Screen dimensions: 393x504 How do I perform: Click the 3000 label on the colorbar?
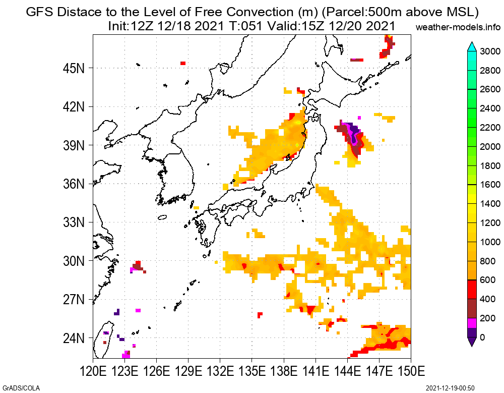pyautogui.click(x=490, y=51)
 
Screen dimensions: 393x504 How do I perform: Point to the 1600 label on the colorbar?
pyautogui.click(x=490, y=185)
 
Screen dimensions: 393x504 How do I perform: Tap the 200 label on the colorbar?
pyautogui.click(x=487, y=318)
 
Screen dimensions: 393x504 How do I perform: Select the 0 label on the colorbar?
pyautogui.click(x=483, y=338)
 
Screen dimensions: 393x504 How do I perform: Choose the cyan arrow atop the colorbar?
pyautogui.click(x=472, y=46)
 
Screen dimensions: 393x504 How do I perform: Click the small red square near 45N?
pyautogui.click(x=182, y=63)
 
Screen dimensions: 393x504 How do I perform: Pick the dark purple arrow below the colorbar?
pyautogui.click(x=472, y=342)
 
